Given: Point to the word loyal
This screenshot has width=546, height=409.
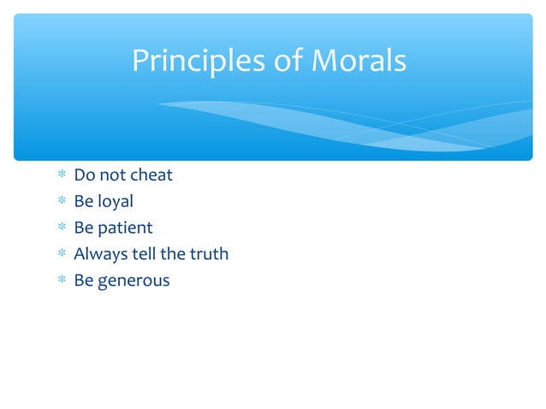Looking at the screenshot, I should pyautogui.click(x=115, y=202).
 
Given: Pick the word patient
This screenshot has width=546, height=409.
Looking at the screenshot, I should pyautogui.click(x=124, y=228).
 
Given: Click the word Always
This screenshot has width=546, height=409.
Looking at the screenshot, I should pyautogui.click(x=98, y=254).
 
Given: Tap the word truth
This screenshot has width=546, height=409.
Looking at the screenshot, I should pyautogui.click(x=208, y=254).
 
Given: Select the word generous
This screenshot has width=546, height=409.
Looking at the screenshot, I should pyautogui.click(x=133, y=281).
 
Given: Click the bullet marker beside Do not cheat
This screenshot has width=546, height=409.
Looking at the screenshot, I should pyautogui.click(x=60, y=176).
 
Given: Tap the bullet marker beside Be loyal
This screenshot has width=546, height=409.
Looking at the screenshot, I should pyautogui.click(x=60, y=203).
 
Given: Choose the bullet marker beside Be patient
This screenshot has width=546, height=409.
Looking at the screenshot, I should pyautogui.click(x=60, y=228).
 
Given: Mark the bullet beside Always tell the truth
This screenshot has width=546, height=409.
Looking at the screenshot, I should pyautogui.click(x=60, y=255).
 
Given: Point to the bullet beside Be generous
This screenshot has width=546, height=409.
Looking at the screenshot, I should pyautogui.click(x=60, y=281).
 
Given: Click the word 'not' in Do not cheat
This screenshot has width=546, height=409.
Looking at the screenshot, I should pyautogui.click(x=111, y=175).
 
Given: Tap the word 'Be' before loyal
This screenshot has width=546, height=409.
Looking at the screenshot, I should pyautogui.click(x=83, y=202).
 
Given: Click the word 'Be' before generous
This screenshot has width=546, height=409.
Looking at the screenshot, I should pyautogui.click(x=83, y=281).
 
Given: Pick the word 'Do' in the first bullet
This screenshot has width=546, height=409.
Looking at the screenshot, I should pyautogui.click(x=84, y=175).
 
